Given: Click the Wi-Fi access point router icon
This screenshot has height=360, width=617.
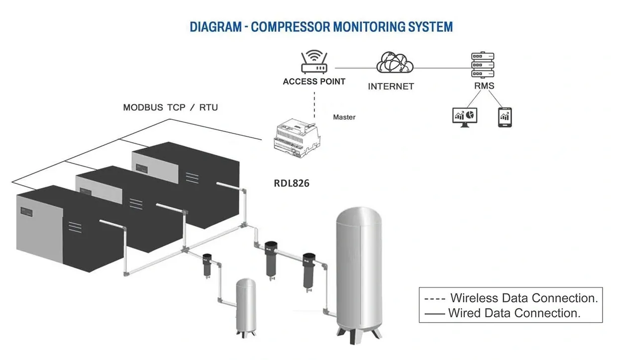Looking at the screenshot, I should [x=313, y=62].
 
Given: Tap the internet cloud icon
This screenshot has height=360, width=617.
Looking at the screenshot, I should [x=395, y=63].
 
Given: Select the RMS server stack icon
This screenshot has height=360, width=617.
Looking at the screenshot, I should [x=483, y=65].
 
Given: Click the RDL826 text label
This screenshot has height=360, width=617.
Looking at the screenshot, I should [x=292, y=183].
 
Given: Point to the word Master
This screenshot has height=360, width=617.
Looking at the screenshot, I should [x=344, y=117].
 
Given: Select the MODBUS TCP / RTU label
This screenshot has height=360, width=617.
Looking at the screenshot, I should [x=170, y=107].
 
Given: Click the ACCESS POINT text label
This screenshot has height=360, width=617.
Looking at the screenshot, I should [x=314, y=82].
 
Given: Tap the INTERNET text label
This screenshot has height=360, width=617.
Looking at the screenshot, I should [x=391, y=87].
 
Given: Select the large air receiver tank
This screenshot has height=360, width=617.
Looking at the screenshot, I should [x=359, y=271].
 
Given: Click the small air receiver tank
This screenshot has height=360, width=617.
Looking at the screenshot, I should [x=245, y=305].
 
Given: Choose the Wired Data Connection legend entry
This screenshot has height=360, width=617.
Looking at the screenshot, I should [x=502, y=313].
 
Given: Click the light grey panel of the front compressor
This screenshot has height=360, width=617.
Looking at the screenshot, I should [x=40, y=222].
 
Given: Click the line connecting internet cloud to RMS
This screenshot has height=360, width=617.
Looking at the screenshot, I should [x=442, y=68].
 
